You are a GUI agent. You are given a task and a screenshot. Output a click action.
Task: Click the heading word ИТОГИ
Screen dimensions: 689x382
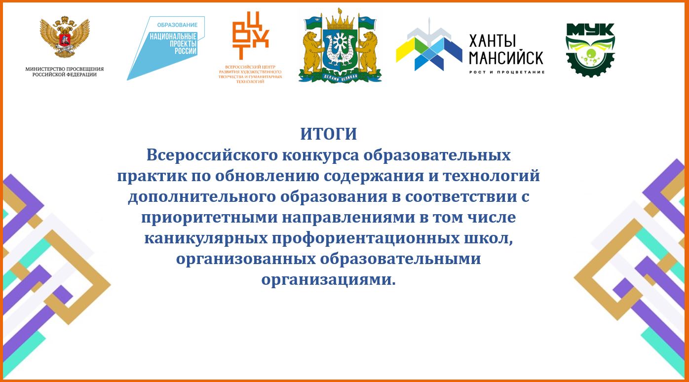click(329, 134)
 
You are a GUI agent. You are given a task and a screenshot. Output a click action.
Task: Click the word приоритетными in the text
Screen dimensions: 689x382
click(209, 218)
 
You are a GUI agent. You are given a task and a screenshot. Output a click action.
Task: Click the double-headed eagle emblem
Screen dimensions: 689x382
click(65, 37)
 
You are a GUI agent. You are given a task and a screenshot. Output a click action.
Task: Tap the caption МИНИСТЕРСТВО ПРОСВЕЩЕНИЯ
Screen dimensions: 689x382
click(65, 69)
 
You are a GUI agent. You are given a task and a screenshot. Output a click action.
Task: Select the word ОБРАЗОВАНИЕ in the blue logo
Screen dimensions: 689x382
click(178, 25)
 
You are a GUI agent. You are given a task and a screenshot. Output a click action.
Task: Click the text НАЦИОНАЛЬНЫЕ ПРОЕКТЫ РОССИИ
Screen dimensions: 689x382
click(173, 44)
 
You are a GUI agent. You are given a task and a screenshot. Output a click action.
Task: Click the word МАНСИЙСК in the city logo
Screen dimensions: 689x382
click(506, 58)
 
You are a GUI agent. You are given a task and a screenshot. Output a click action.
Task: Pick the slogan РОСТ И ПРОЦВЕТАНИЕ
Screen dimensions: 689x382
click(507, 72)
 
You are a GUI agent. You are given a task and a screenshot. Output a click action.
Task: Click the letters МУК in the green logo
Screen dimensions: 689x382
click(590, 30)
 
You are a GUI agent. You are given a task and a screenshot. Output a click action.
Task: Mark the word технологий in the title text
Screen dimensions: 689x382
click(492, 176)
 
